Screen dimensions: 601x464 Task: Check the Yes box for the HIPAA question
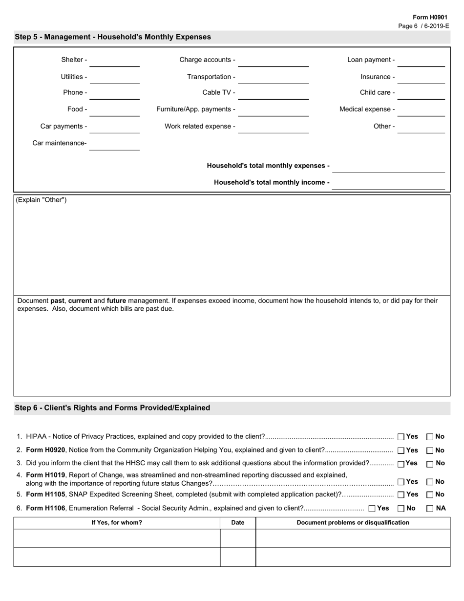click(x=401, y=437)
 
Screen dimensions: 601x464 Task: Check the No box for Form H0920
click(x=430, y=451)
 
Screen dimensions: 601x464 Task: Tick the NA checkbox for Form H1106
click(x=430, y=508)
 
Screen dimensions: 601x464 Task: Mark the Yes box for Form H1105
click(x=401, y=494)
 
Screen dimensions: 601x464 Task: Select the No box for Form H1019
click(x=430, y=482)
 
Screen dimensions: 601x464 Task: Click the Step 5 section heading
click(x=113, y=37)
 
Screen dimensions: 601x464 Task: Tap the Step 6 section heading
click(x=112, y=408)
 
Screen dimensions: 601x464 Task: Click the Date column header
click(x=238, y=523)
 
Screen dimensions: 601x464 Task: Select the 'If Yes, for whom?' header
click(x=117, y=523)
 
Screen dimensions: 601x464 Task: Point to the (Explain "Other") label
click(x=42, y=200)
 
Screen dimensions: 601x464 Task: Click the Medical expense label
click(x=367, y=109)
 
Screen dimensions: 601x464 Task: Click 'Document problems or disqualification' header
click(x=353, y=523)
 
